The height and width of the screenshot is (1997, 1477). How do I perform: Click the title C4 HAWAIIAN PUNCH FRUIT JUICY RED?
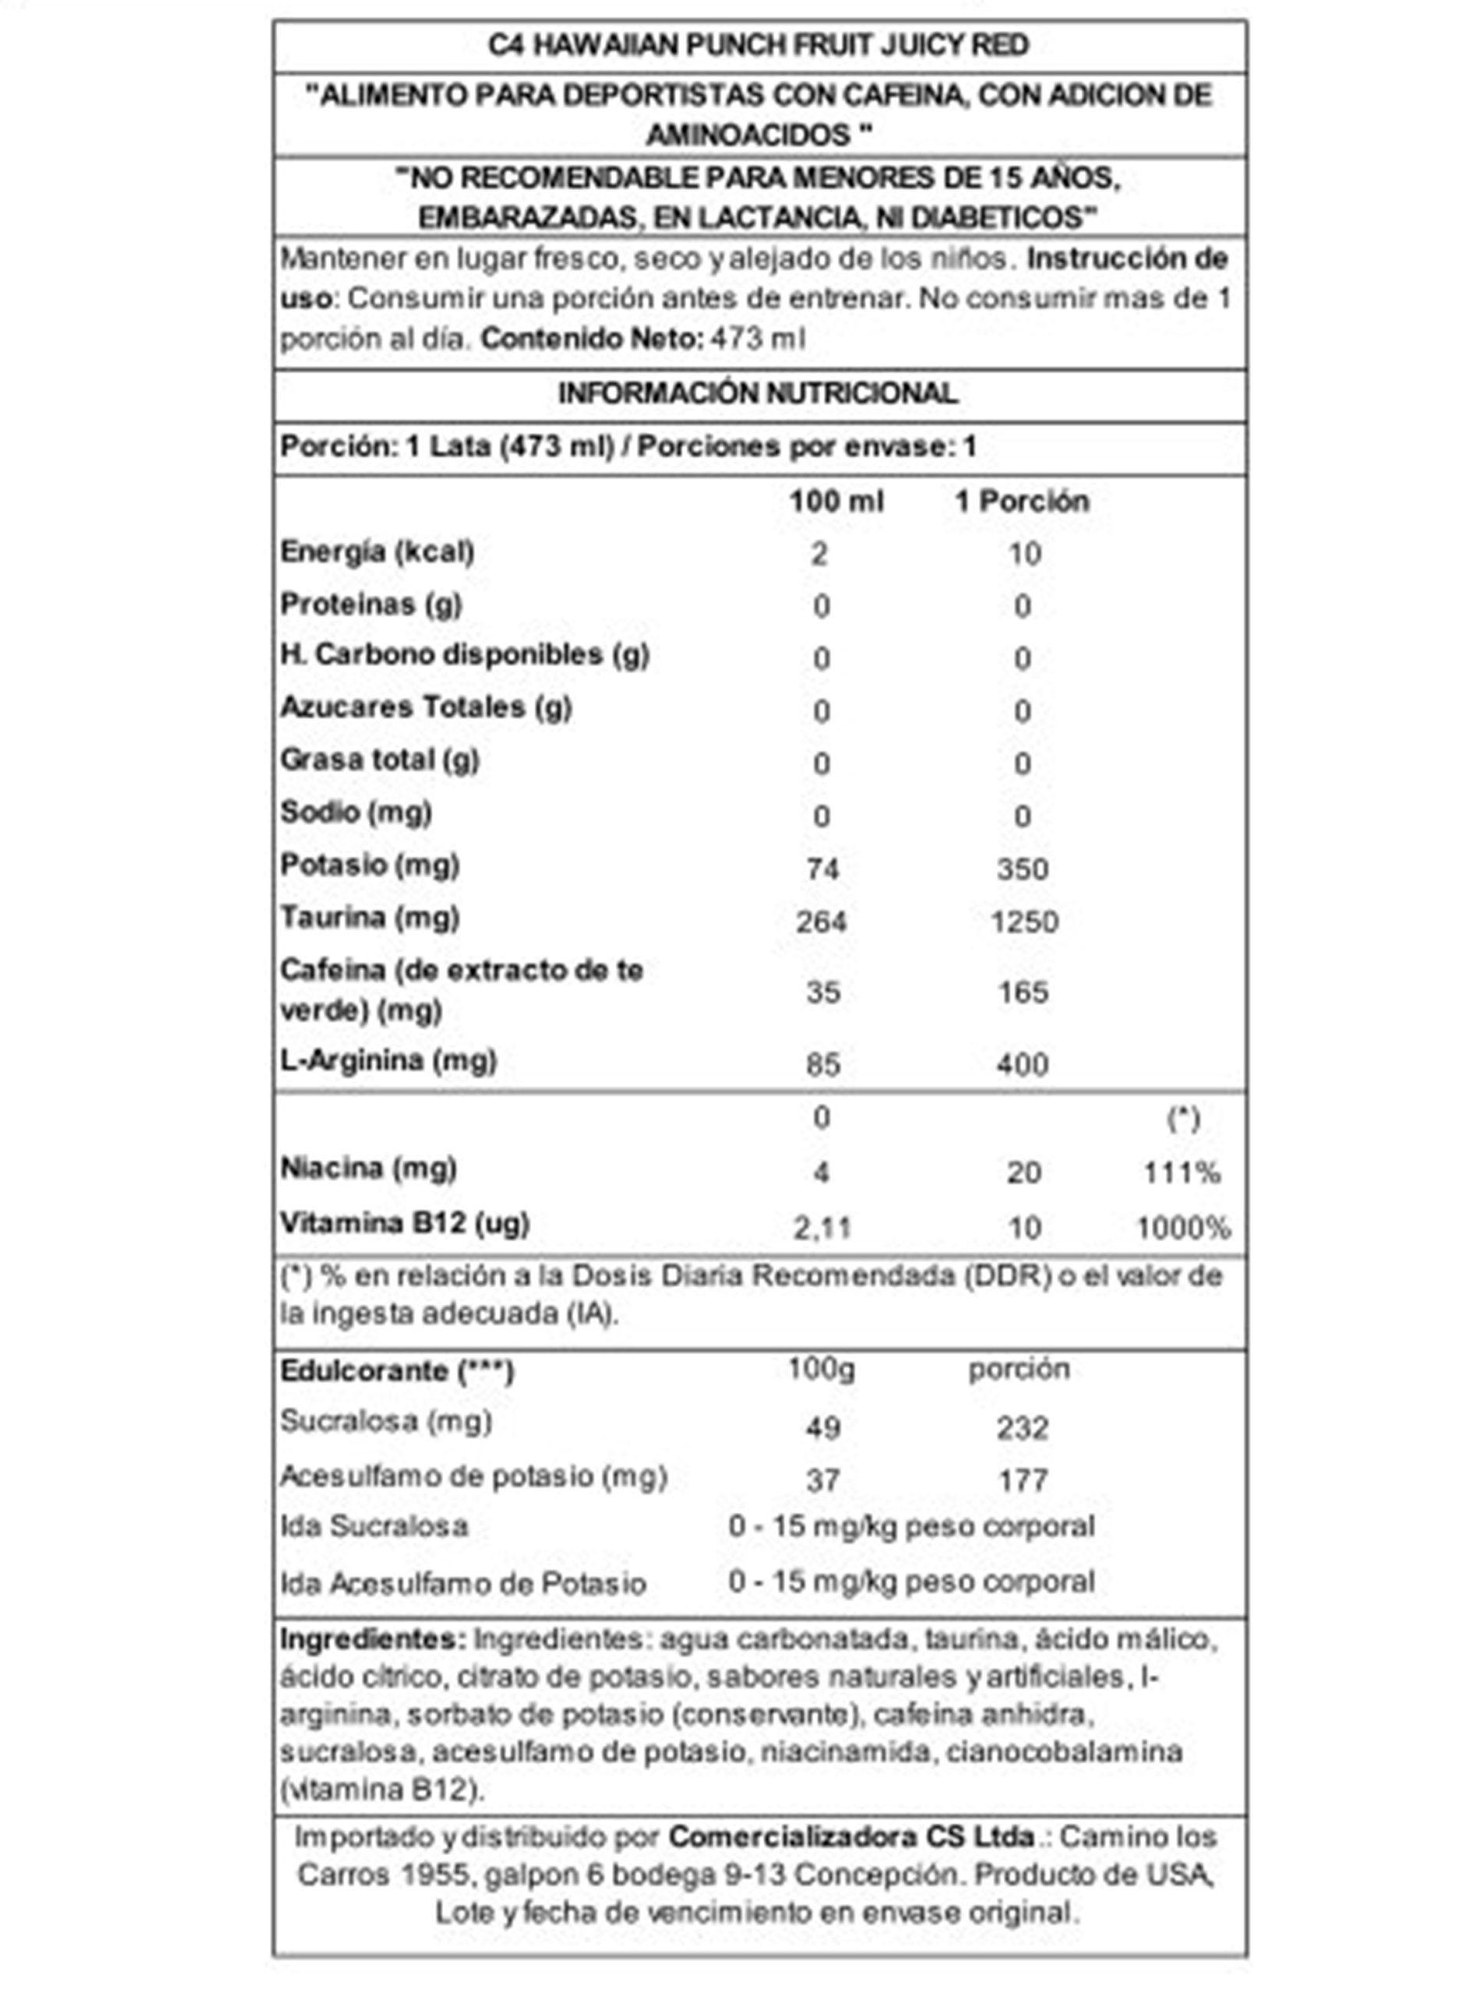(x=758, y=44)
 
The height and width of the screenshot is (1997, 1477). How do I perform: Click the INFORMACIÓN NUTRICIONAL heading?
(x=758, y=393)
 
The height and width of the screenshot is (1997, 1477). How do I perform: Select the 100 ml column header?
(x=836, y=501)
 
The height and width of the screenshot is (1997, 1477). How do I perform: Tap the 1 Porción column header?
(x=1022, y=501)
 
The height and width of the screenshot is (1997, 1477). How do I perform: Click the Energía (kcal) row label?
(x=377, y=552)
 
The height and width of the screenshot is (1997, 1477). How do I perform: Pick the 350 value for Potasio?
(x=1023, y=868)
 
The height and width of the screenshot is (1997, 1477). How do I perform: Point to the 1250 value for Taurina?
(x=1024, y=921)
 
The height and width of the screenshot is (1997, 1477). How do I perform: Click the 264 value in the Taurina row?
(x=822, y=921)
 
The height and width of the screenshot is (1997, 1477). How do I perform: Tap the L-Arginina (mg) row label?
(x=388, y=1061)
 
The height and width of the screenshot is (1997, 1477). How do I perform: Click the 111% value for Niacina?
(x=1182, y=1172)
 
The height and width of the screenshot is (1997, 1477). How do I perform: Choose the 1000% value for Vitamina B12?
(x=1183, y=1227)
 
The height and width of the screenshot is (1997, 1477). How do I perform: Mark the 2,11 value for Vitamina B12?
(x=823, y=1227)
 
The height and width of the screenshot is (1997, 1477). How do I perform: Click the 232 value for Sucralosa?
(x=1023, y=1428)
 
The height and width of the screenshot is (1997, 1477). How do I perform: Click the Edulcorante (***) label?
(x=397, y=1371)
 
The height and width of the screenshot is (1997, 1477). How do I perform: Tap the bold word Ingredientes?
(x=373, y=1639)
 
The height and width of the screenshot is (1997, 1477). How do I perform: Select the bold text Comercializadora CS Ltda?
(x=851, y=1837)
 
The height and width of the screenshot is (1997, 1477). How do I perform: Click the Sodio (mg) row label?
(x=356, y=812)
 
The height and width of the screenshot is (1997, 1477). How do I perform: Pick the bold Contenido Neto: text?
(x=591, y=339)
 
